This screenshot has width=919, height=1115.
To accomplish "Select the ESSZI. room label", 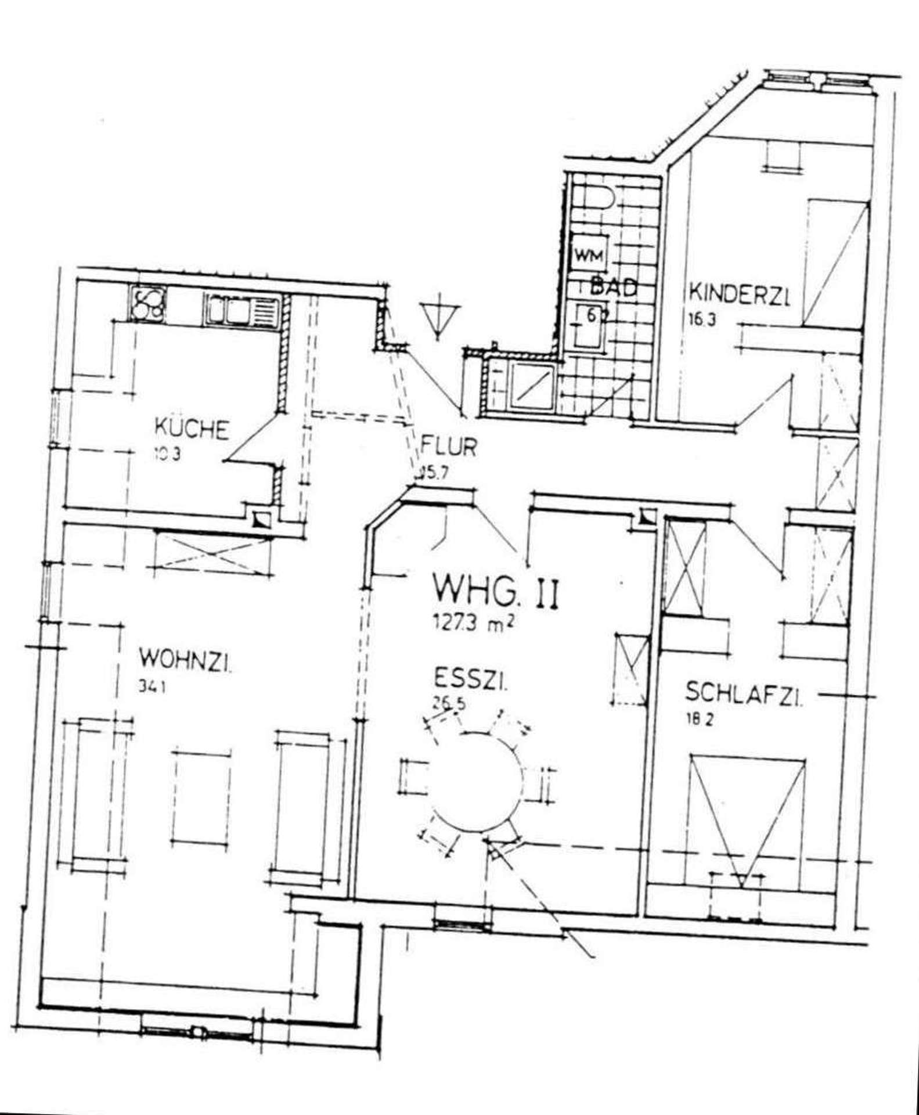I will [x=470, y=679].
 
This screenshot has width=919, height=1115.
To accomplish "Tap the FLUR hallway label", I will [x=448, y=448].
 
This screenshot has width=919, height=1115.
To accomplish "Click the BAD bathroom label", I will [x=614, y=287].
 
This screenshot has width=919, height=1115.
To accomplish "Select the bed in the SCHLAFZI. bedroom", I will [x=745, y=822].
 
